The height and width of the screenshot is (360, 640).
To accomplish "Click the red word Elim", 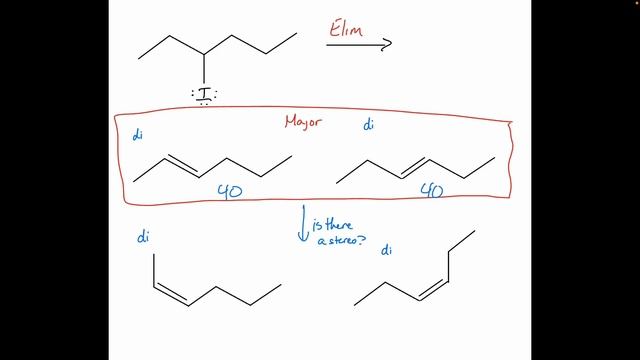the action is [345, 27].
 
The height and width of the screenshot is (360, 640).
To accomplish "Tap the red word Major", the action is [304, 123].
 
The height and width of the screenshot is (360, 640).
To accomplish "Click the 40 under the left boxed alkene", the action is [230, 190].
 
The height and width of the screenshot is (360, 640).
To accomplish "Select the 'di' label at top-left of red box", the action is [137, 135].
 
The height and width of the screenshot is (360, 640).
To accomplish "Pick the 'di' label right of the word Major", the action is [369, 125].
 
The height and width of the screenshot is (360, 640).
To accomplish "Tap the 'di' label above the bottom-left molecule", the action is [143, 237].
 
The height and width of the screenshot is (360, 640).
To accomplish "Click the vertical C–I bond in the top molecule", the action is [204, 69].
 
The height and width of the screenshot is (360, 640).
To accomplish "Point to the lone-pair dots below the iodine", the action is [204, 103].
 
